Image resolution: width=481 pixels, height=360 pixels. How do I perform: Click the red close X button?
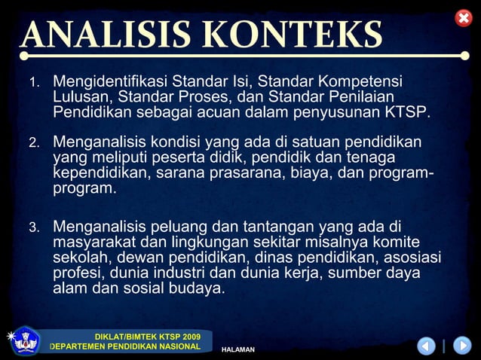pos(463,17)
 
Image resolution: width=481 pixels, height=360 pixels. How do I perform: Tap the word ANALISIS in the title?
pos(106,35)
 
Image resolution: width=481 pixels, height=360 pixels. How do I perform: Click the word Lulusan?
pos(82,96)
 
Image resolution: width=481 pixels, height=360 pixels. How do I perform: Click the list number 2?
pos(34,143)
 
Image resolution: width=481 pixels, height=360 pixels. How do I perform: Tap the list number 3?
pos(34,227)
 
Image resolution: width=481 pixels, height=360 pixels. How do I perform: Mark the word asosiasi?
pos(412,258)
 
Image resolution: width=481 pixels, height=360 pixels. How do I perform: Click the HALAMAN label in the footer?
pos(237,349)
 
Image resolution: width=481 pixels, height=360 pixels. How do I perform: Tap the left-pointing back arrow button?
pos(427,346)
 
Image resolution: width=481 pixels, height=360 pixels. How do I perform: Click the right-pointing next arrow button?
pos(461,346)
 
